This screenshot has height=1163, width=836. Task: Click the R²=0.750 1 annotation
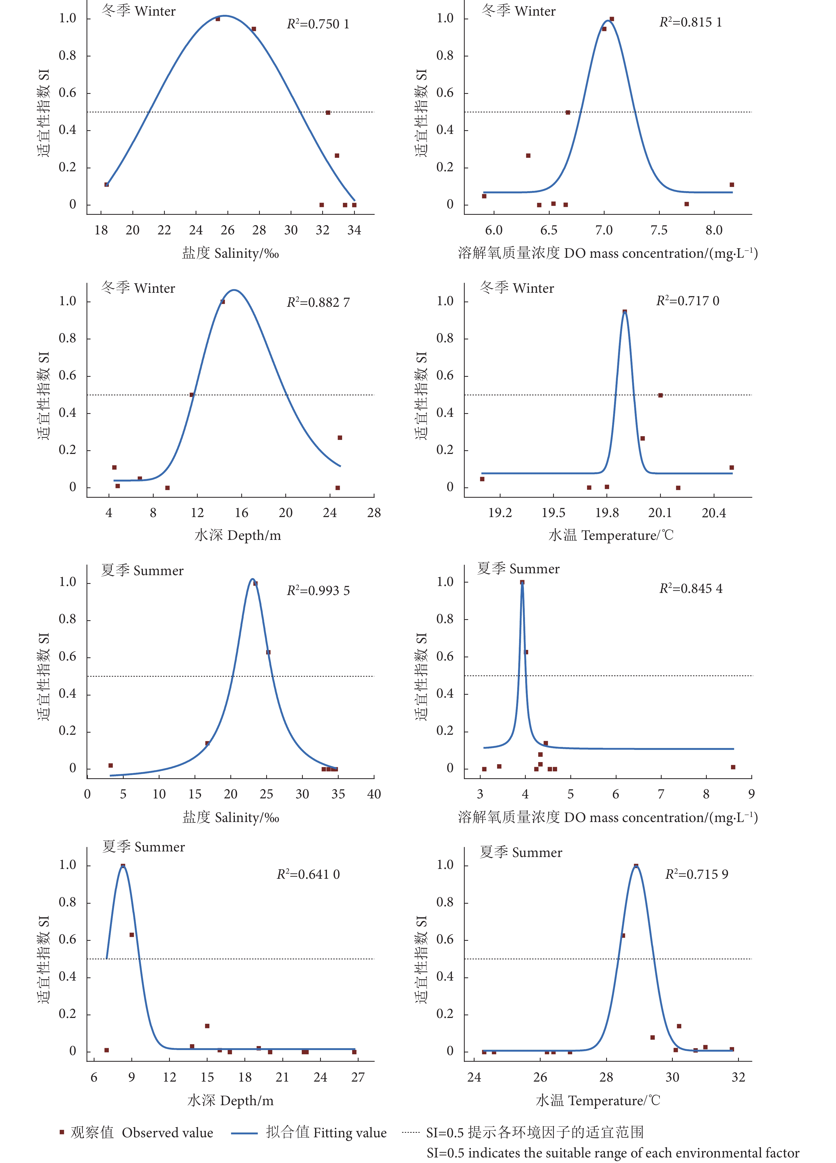pyautogui.click(x=318, y=24)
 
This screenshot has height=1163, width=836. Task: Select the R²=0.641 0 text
pyautogui.click(x=308, y=874)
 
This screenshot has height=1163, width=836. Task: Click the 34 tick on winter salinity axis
pyautogui.click(x=354, y=230)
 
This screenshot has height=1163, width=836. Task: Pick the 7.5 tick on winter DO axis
pyautogui.click(x=659, y=230)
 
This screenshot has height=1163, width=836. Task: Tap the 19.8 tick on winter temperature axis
pyautogui.click(x=607, y=513)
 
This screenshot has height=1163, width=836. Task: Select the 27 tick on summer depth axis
pyautogui.click(x=358, y=1077)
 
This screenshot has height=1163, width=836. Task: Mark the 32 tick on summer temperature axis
pyautogui.click(x=738, y=1077)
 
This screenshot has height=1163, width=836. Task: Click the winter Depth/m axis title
pyautogui.click(x=238, y=535)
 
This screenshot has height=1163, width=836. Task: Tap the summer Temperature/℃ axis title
pyautogui.click(x=598, y=1100)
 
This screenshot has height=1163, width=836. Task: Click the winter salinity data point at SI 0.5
pyautogui.click(x=328, y=112)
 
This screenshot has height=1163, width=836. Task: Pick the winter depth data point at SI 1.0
pyautogui.click(x=223, y=301)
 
